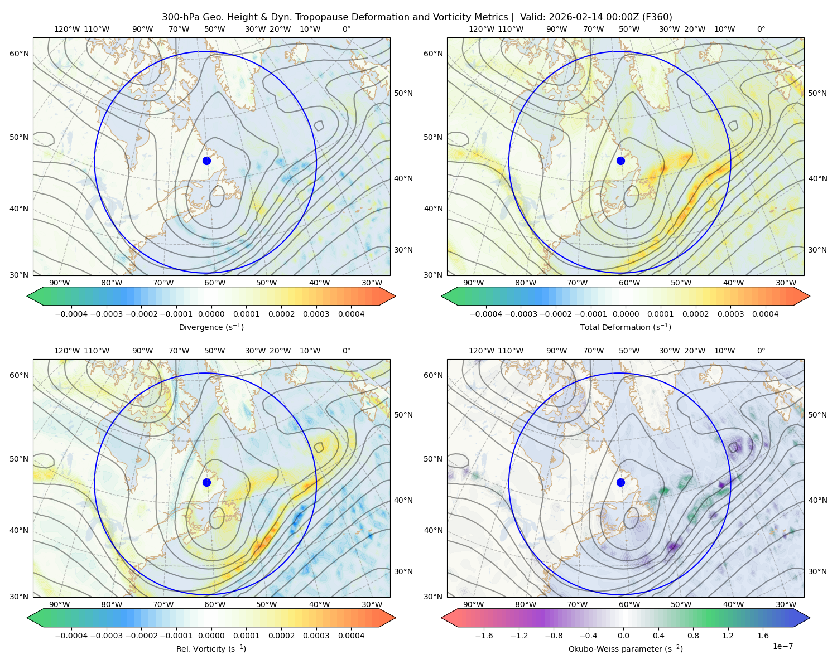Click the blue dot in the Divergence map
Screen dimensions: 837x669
pos(206,161)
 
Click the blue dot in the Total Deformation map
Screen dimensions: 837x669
pos(620,161)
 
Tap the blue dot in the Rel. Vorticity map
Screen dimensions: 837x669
pos(206,482)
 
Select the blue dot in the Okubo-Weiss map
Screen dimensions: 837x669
pos(620,482)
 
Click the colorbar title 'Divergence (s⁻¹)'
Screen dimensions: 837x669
pos(211,327)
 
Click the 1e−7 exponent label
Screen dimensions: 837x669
pos(782,646)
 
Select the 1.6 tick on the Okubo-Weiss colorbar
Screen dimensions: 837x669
pos(763,635)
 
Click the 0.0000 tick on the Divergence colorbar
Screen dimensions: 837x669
pos(211,314)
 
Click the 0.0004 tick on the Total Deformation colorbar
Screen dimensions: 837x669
pos(765,314)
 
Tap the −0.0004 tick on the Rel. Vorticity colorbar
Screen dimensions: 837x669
pos(71,635)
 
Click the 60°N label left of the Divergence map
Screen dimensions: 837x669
pos(19,54)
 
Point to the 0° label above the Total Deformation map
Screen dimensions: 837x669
pos(761,29)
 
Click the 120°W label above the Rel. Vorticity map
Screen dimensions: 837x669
pos(67,350)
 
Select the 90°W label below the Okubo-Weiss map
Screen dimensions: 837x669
pos(473,604)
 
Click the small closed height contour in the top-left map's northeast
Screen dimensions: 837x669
pos(319,125)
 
